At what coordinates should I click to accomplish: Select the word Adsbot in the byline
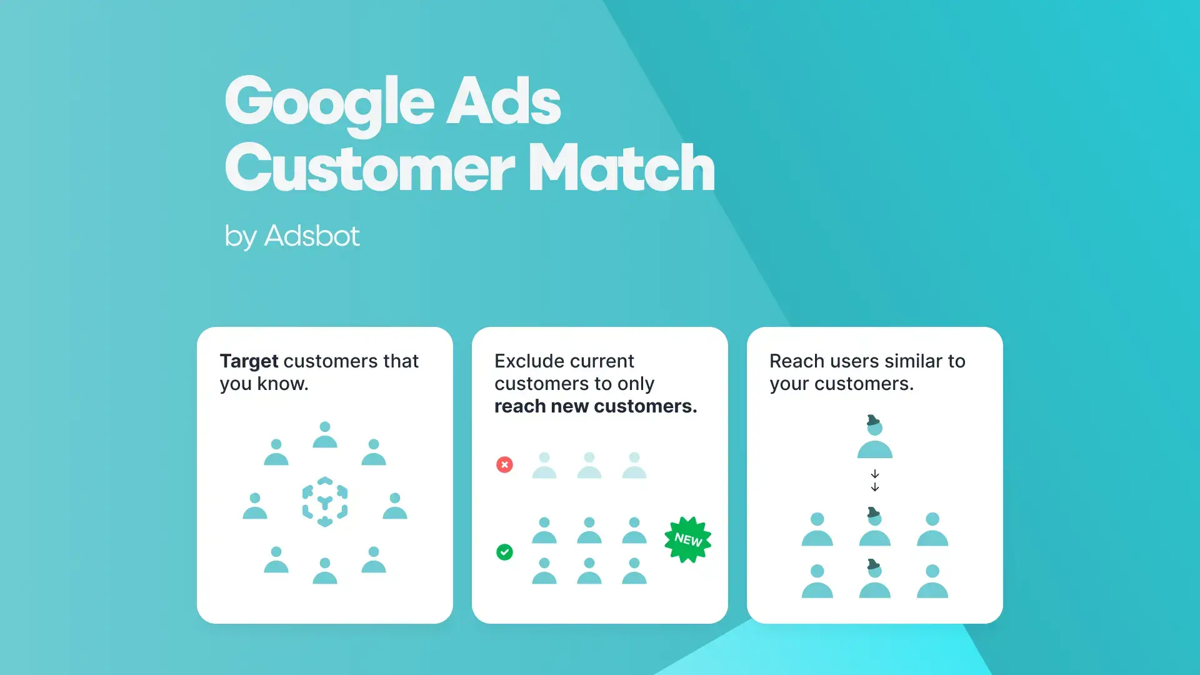coord(312,236)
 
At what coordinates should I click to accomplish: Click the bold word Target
coord(249,361)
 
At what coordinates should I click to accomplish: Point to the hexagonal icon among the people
coord(325,502)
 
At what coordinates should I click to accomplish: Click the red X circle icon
coord(504,464)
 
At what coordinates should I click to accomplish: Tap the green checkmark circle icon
coord(504,552)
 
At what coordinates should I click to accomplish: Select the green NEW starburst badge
coord(687,539)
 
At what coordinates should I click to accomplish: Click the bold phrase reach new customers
coord(596,406)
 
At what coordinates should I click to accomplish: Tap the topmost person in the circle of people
coord(325,435)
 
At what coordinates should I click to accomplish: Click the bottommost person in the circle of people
coord(325,571)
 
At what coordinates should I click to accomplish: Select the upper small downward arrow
coord(875,474)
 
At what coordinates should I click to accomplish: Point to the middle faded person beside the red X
coord(589,466)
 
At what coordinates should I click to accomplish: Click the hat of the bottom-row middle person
coord(873,564)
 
